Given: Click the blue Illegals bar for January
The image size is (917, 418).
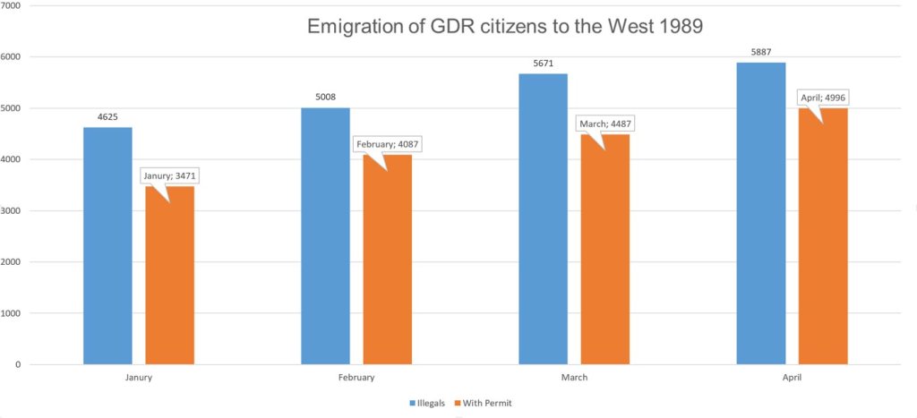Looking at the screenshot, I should click(107, 246).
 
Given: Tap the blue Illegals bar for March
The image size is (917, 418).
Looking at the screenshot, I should click(543, 219).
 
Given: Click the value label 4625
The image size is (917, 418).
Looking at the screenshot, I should click(107, 116).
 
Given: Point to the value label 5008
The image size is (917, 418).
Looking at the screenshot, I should click(325, 97).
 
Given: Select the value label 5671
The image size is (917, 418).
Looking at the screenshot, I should click(543, 63).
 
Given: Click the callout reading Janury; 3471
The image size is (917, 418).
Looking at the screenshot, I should click(169, 175).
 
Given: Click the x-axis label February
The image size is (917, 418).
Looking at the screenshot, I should click(356, 378).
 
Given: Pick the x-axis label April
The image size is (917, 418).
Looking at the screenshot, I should click(792, 378).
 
